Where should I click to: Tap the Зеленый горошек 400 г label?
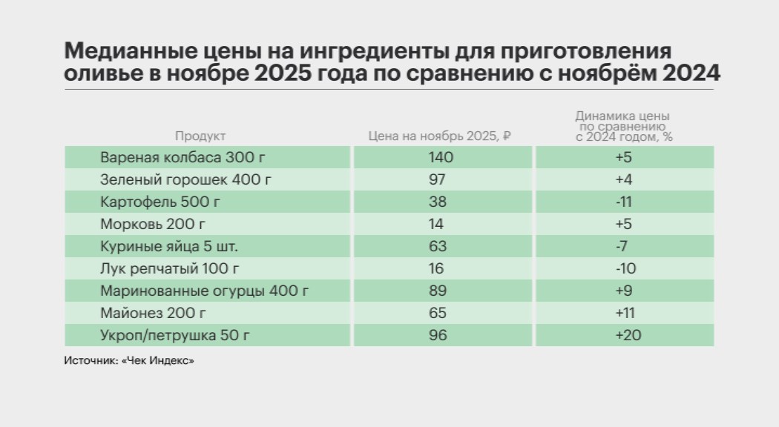click(x=177, y=179)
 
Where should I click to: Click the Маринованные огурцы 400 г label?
click(x=204, y=291)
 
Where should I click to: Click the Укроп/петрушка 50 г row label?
click(x=174, y=335)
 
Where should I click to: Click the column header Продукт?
click(x=200, y=136)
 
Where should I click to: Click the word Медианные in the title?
click(x=119, y=53)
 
